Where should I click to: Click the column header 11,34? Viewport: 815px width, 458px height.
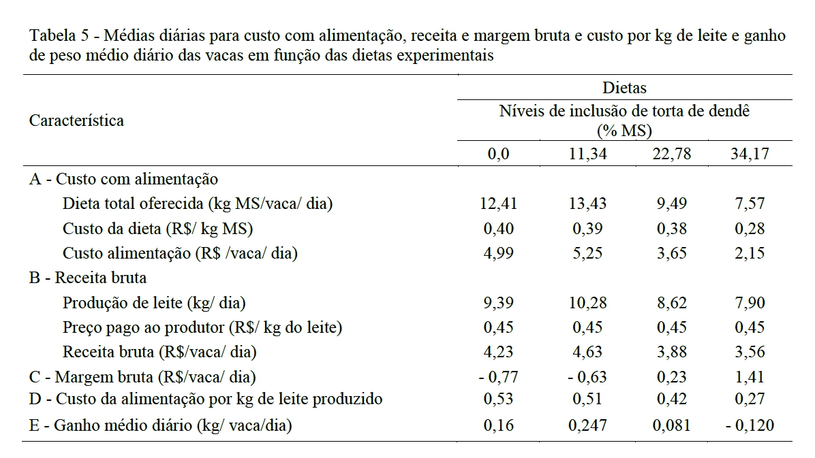[x=587, y=154]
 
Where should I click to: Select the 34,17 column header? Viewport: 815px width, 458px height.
[x=748, y=154]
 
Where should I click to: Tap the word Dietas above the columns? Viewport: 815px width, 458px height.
[x=624, y=88]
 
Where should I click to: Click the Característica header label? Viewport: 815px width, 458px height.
[x=76, y=120]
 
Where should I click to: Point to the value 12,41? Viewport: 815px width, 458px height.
[x=499, y=203]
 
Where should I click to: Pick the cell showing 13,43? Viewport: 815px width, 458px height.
[x=587, y=203]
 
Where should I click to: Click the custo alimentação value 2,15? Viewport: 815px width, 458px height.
[x=748, y=253]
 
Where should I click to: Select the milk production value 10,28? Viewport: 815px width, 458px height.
[x=587, y=303]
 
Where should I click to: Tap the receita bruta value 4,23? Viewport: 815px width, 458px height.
[x=499, y=353]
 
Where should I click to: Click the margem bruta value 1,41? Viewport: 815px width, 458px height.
[x=748, y=377]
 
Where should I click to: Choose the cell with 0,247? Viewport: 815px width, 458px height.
[x=587, y=427]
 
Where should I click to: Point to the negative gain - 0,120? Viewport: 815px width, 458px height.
[x=750, y=427]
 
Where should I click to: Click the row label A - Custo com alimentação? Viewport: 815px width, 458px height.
[x=123, y=179]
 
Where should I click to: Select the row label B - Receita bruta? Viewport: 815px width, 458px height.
[x=88, y=278]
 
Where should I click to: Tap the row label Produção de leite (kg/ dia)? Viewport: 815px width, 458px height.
[x=154, y=303]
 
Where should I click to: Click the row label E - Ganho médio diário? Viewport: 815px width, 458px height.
[x=160, y=427]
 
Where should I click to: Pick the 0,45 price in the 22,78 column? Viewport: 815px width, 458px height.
[x=672, y=327]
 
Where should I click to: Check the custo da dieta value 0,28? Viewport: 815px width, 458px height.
[x=748, y=229]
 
